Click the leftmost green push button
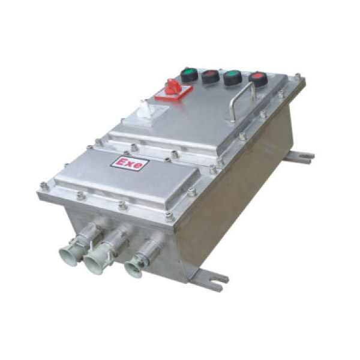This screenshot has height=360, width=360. point(189,74)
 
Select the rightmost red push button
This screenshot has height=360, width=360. point(258,79)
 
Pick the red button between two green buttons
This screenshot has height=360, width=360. point(210,76)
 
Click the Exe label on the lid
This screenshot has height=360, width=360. point(130,163)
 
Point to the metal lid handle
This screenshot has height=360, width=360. point(243,101)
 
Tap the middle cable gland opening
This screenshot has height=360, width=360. point(94,265)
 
